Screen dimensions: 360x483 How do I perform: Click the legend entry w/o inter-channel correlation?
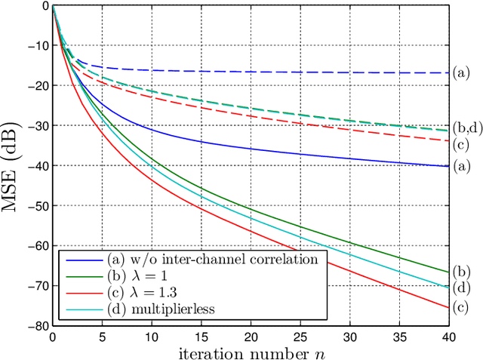(195, 259)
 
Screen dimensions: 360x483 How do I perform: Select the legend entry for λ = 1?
(144, 275)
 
